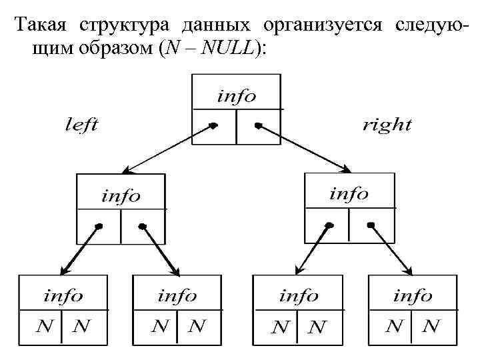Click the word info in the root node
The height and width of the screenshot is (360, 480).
(236, 96)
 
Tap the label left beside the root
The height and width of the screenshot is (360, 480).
(81, 125)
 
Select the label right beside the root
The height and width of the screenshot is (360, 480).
(387, 125)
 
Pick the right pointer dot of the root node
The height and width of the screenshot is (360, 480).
(258, 125)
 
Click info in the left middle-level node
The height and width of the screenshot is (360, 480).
(121, 196)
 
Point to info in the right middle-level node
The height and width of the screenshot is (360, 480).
(349, 194)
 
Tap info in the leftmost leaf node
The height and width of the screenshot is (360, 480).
(63, 295)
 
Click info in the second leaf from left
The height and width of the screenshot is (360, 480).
(177, 295)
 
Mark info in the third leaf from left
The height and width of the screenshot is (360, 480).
(299, 295)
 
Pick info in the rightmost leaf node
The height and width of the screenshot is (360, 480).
(413, 295)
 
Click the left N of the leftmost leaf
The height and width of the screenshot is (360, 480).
(45, 327)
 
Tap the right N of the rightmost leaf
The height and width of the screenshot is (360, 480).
(431, 326)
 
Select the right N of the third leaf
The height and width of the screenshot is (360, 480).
(318, 327)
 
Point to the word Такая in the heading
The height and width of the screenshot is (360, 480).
(43, 26)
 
